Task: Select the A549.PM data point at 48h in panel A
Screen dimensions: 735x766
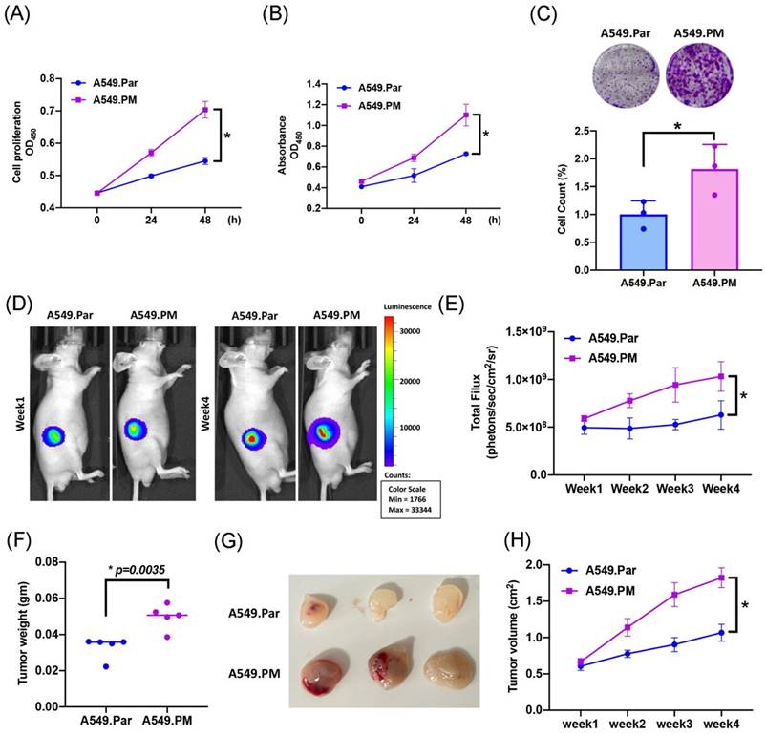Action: point(203,110)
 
